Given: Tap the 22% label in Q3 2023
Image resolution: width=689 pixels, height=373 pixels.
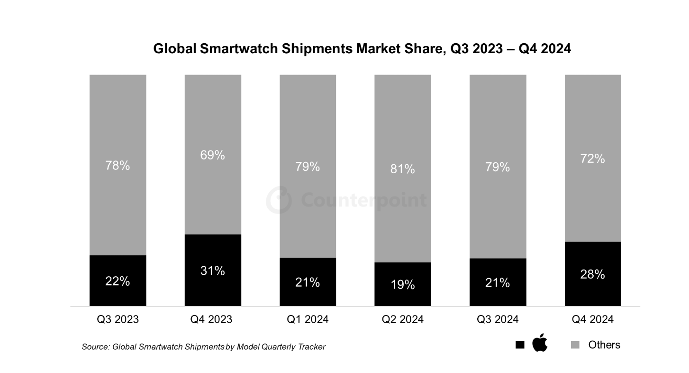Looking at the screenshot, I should pos(118,281).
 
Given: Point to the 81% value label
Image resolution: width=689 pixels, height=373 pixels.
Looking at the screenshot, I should pos(403,168).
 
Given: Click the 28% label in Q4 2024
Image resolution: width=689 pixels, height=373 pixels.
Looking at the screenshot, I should pos(593,274).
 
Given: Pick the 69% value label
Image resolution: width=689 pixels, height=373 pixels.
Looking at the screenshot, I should pos(213,155).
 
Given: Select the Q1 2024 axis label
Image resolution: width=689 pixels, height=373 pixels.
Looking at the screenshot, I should pos(308,319).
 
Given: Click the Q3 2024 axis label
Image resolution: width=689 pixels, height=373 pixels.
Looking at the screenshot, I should pos(498,319).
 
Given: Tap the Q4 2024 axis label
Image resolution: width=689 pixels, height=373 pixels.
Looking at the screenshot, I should pos(593,319).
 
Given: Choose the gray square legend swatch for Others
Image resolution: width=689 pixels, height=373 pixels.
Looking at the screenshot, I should pos(575,345).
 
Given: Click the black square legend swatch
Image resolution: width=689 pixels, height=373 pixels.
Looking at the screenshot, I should pos(520,345).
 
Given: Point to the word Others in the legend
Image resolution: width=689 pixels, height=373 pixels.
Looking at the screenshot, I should pos(604,345).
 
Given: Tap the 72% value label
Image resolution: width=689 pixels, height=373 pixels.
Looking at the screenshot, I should pos(593,159).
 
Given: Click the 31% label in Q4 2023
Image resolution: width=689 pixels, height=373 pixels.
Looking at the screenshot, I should pos(213,271).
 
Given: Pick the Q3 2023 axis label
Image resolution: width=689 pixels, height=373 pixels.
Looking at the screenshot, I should pos(118,319).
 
